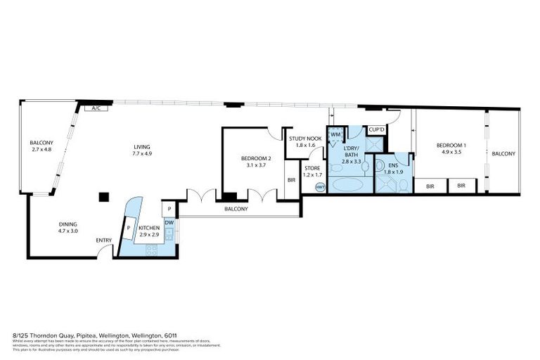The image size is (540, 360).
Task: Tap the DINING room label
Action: (68, 224)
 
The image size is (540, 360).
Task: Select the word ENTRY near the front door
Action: (104, 240)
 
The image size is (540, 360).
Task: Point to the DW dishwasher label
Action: (169, 222)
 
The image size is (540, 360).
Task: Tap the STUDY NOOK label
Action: (305, 139)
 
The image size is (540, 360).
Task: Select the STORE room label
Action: (311, 169)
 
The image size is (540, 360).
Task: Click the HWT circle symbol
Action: (320, 187)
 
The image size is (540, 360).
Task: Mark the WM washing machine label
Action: (335, 134)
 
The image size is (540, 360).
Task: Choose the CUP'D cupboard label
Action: (376, 130)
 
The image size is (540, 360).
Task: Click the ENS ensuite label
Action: (392, 166)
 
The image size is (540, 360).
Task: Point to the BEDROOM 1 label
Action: (454, 145)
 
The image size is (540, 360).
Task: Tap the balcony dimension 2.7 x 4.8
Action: (41, 150)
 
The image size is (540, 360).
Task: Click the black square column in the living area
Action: (104, 197)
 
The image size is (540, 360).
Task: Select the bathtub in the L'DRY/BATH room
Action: (345, 186)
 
